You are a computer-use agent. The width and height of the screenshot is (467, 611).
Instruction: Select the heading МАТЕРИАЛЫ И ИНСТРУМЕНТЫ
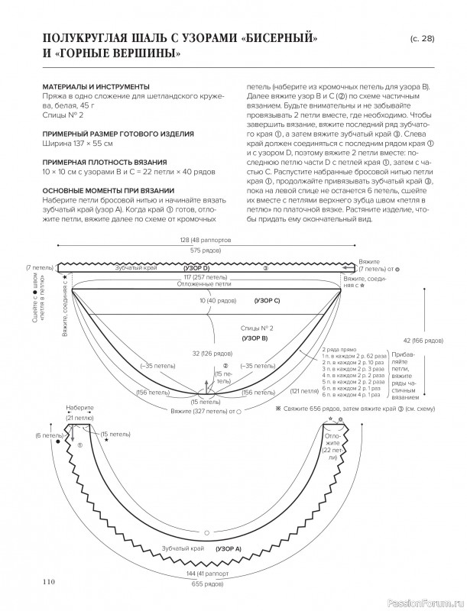coord(96,86)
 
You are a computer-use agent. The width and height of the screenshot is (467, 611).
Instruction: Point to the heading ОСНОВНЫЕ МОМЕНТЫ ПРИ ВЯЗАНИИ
coord(107,189)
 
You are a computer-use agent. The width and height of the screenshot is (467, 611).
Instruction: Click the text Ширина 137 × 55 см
coord(76,143)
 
